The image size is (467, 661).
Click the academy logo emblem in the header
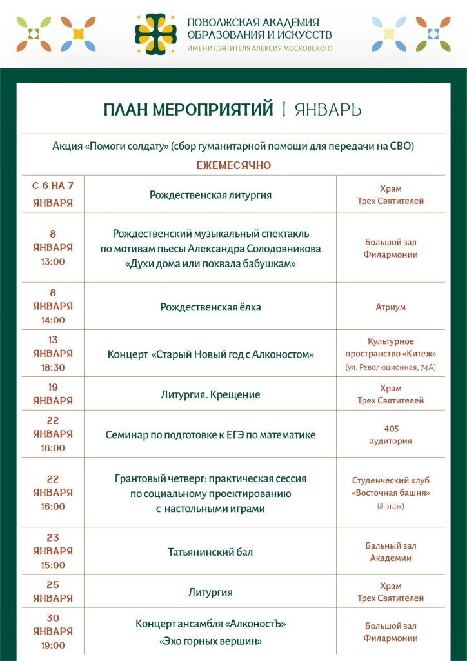point(155,34)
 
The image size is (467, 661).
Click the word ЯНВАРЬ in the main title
point(328,110)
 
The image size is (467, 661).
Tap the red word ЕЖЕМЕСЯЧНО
point(234,166)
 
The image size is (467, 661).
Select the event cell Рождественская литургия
point(210,194)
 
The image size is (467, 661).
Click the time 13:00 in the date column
point(53,261)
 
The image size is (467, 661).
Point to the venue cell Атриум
point(391,307)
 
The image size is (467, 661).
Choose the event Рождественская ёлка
point(210,307)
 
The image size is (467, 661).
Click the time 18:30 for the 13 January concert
point(53,367)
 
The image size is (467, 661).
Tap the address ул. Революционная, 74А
point(391,367)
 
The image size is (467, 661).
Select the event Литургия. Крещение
point(210,394)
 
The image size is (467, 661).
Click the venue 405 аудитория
point(391,434)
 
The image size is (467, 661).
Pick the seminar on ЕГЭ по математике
point(210,435)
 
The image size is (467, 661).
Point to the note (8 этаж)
point(391,506)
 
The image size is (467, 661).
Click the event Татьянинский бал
point(210,552)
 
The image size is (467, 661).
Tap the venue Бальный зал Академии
point(391,552)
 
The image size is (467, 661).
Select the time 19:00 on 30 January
point(53,645)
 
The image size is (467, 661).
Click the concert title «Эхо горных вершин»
point(210,642)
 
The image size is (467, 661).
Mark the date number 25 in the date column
point(53,584)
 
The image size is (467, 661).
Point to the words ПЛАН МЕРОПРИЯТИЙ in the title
point(188,110)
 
